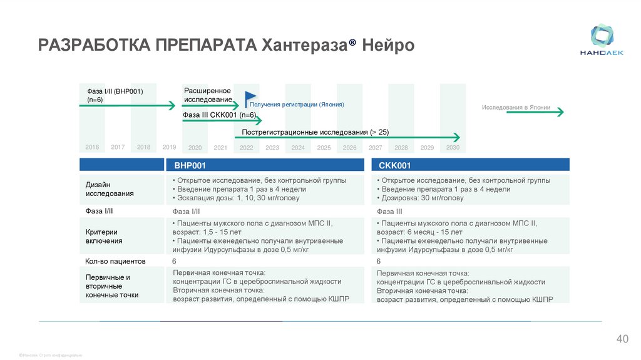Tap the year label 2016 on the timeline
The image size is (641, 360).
coord(92,147)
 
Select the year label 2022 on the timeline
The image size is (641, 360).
coord(246,148)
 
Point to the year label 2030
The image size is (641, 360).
coord(453,148)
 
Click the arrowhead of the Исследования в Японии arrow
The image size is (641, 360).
coord(561,112)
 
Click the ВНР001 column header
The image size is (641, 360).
coord(190,165)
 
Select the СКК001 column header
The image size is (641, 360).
coord(395,165)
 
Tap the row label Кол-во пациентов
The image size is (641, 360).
coord(115,261)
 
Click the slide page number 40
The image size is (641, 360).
coord(622,339)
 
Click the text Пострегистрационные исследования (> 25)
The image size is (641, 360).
coord(315,132)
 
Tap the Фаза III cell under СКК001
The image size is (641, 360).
coord(389,212)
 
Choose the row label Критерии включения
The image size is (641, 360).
coord(104,236)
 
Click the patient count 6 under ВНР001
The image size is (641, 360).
coord(174,261)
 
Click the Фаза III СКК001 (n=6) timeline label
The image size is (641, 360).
coord(219,115)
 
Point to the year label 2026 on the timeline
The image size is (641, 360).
coord(349,148)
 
